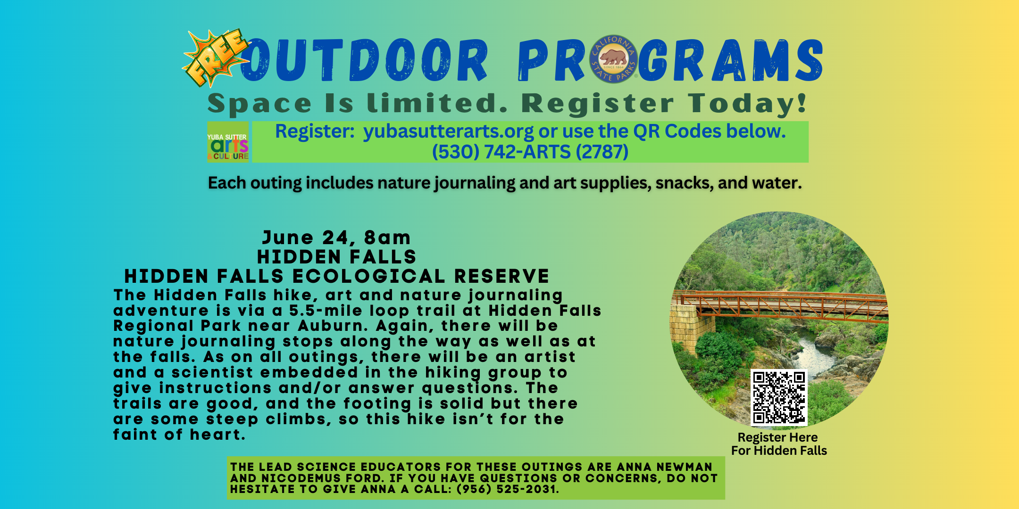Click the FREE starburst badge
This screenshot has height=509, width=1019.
click(216, 58)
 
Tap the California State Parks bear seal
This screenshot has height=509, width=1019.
click(613, 59)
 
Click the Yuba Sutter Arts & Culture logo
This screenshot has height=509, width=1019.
click(228, 142)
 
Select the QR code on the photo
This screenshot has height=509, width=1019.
click(779, 397)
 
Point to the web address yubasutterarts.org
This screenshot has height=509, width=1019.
click(449, 131)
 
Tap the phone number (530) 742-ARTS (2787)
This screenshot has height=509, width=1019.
click(530, 152)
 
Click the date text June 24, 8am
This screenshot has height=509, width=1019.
click(336, 238)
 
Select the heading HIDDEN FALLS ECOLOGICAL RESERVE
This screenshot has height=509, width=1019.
click(337, 276)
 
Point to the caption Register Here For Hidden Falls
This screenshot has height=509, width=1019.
click(779, 444)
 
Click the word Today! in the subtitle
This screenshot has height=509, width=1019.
click(748, 104)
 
